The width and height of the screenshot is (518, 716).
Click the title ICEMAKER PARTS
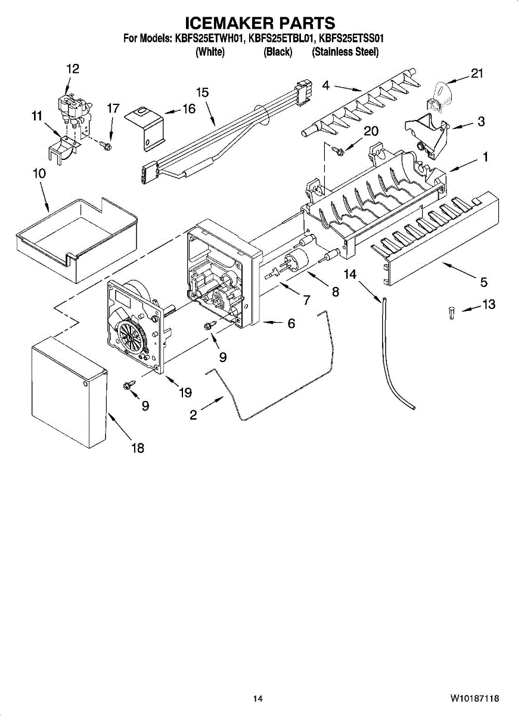[260, 23]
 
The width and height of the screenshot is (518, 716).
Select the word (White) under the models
[210, 52]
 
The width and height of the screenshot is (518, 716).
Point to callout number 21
[476, 73]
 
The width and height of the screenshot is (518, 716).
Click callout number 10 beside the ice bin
[39, 174]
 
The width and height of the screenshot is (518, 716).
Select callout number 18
[138, 448]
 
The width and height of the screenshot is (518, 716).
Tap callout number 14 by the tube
[350, 273]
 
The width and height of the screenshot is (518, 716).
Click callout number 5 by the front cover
[484, 282]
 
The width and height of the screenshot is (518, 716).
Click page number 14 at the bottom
[258, 699]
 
